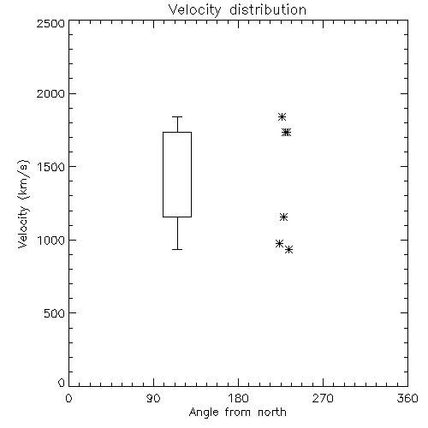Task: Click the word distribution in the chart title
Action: click(268, 9)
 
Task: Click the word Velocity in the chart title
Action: click(195, 10)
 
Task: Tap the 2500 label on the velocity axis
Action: click(51, 23)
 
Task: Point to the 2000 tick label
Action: click(51, 93)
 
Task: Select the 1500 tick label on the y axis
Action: click(51, 167)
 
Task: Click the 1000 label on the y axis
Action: click(51, 240)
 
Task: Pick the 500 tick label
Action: click(55, 313)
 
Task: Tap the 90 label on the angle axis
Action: click(153, 398)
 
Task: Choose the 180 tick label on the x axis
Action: click(238, 398)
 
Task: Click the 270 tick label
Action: click(323, 398)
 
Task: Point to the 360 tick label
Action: click(407, 398)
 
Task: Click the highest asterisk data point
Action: click(282, 116)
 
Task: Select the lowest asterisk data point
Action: click(288, 250)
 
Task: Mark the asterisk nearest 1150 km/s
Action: click(283, 217)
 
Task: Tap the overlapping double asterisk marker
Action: click(286, 132)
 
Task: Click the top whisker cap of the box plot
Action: click(177, 116)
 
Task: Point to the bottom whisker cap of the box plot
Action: click(177, 249)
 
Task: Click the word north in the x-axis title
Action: click(272, 413)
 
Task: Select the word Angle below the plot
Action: click(204, 413)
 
